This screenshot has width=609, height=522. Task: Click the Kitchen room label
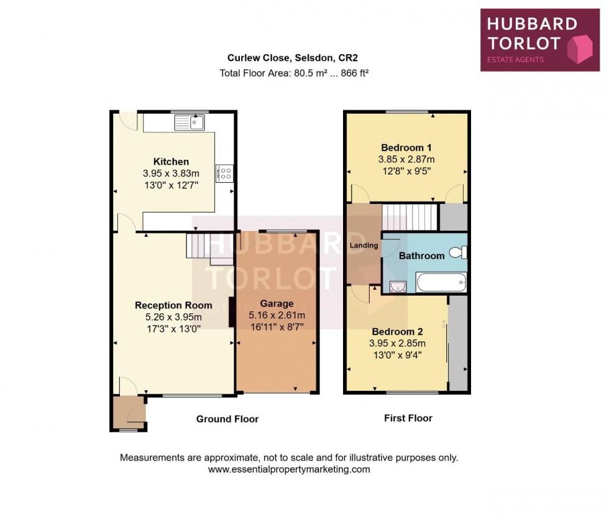[171, 162]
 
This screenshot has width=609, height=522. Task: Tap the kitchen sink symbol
[190, 122]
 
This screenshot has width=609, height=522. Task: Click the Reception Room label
[173, 305]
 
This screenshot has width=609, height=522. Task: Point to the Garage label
[277, 304]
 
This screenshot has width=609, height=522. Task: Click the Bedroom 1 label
[406, 147]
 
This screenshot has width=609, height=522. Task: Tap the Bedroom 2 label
[397, 331]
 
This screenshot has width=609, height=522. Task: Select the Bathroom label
[421, 255]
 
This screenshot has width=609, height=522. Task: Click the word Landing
[364, 245]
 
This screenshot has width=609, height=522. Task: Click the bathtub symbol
[441, 283]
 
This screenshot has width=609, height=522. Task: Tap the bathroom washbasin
[396, 286]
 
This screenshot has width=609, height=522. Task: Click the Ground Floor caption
[227, 419]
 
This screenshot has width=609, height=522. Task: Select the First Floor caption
[408, 418]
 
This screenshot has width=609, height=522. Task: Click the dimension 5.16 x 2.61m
[277, 315]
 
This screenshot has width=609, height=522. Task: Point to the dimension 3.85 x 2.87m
[406, 159]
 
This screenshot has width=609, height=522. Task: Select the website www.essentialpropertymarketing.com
[289, 470]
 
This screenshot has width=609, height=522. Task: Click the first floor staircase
[410, 217]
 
